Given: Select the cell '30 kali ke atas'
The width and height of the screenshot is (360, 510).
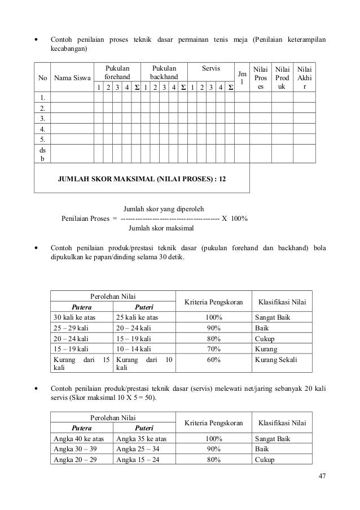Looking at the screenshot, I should (74, 317).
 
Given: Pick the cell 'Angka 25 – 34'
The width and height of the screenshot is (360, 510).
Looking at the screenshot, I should (137, 449).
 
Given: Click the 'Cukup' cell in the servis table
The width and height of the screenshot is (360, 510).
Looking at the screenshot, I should (265, 460).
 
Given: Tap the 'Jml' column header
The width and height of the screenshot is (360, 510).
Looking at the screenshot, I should (242, 78).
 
